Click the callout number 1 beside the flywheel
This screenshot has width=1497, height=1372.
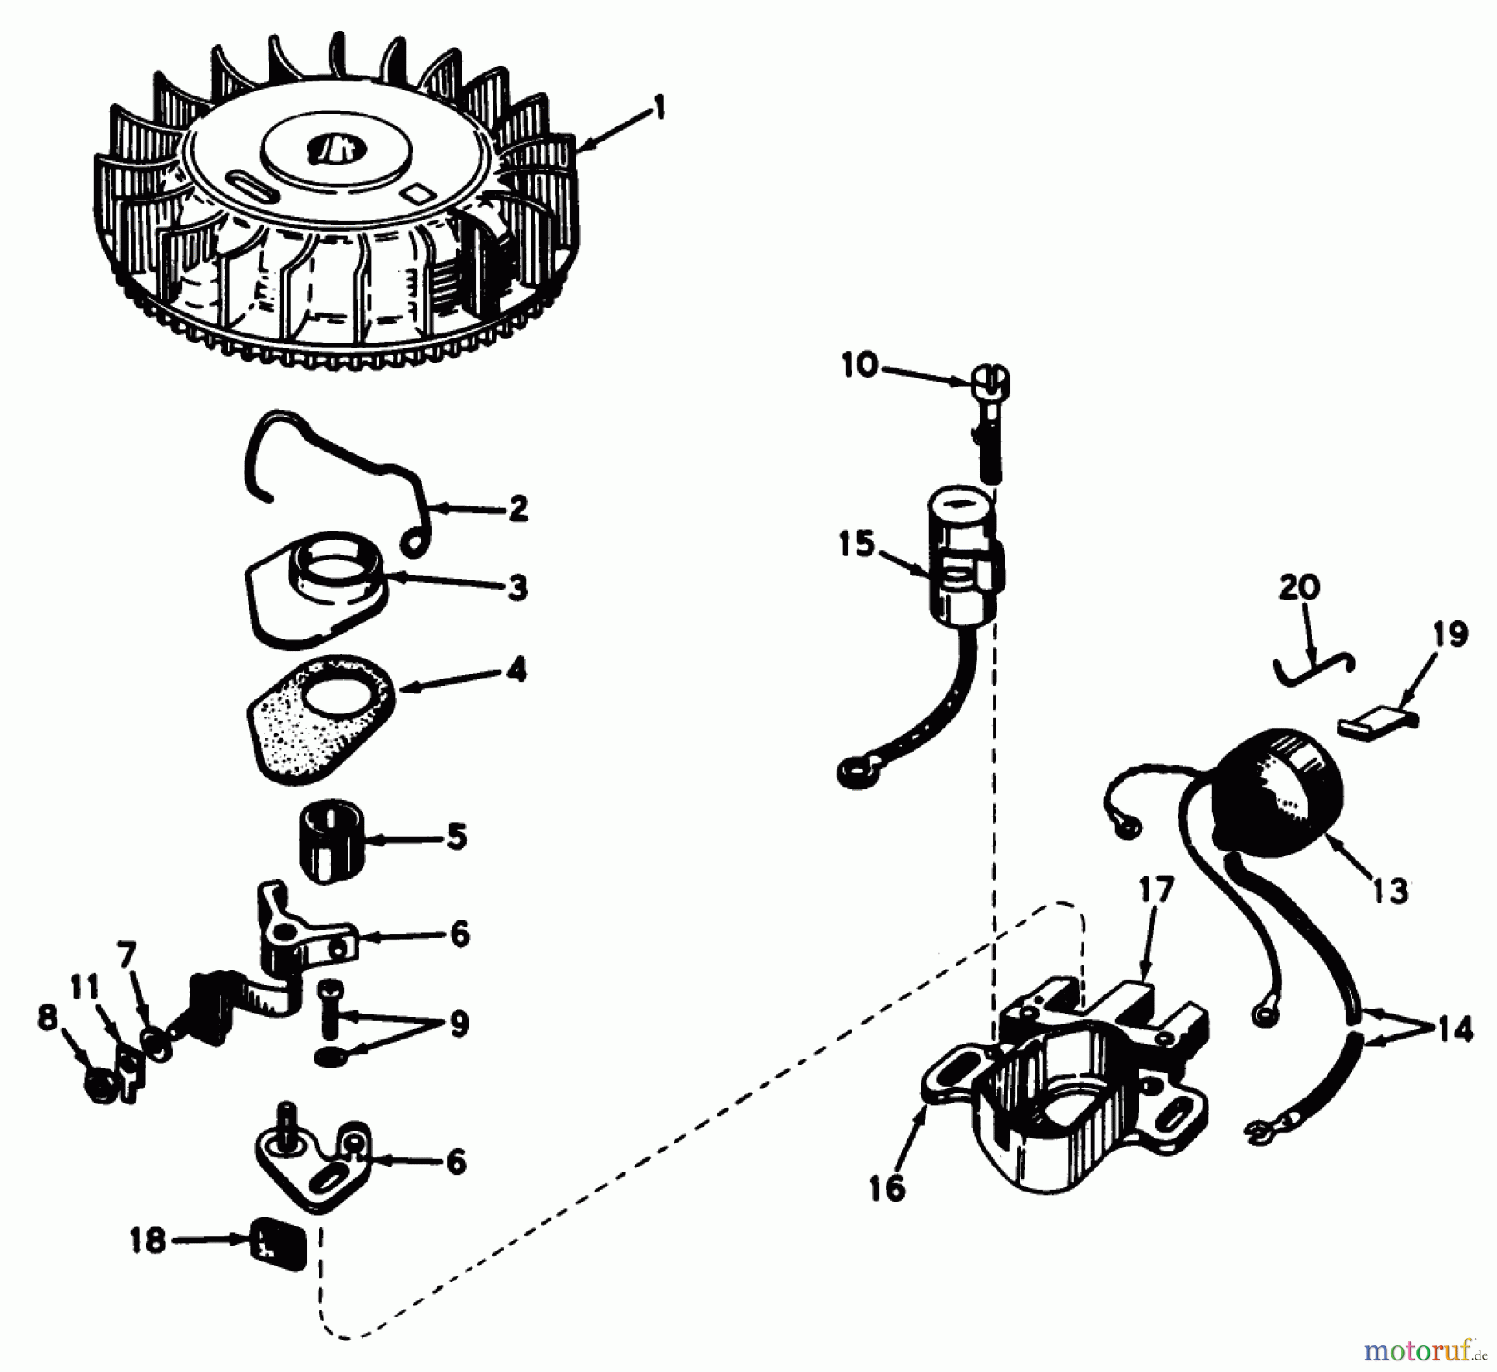pyautogui.click(x=659, y=109)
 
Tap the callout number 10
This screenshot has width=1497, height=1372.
pyautogui.click(x=860, y=365)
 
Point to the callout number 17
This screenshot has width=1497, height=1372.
pyautogui.click(x=1156, y=890)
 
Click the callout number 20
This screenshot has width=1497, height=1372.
pyautogui.click(x=1299, y=588)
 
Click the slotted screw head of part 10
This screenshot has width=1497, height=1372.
pyautogui.click(x=989, y=382)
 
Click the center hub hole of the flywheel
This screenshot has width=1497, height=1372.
pyautogui.click(x=331, y=151)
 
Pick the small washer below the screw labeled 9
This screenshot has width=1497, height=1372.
pyautogui.click(x=332, y=1057)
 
